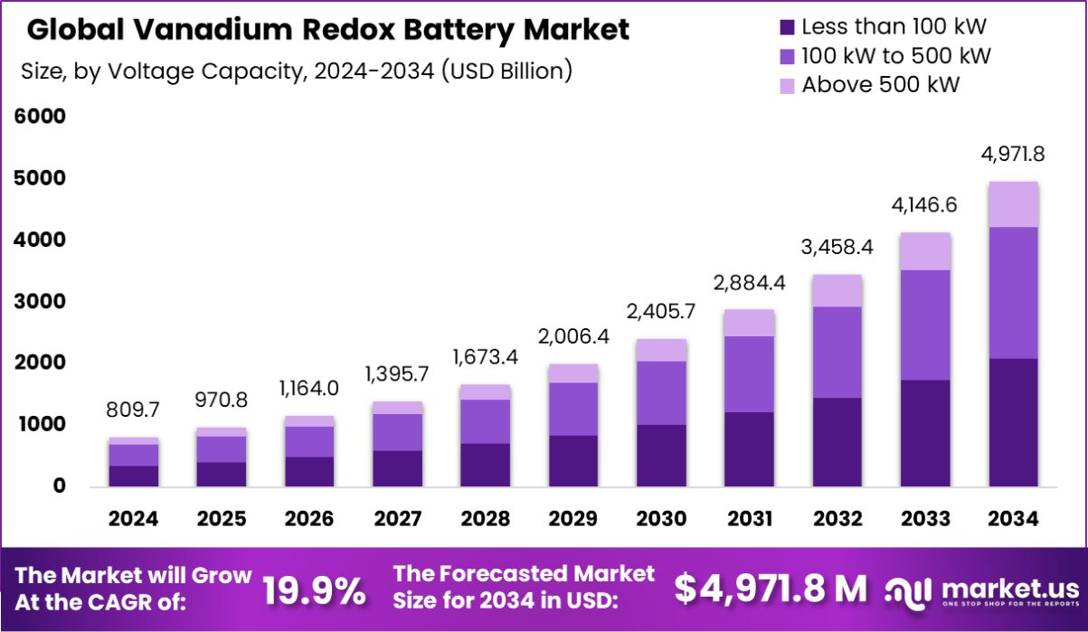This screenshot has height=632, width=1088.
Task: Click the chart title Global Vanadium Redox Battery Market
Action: point(327,30)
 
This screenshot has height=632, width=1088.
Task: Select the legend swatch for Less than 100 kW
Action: point(786,27)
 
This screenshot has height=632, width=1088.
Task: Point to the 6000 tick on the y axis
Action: point(40,117)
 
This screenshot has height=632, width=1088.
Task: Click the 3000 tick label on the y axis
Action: point(40,301)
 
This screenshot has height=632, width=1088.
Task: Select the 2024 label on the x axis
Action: point(134,519)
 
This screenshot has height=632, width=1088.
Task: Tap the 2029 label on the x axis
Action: point(572,519)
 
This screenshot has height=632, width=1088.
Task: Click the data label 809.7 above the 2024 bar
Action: point(134,410)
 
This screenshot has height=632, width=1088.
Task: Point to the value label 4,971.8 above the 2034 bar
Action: point(1012,154)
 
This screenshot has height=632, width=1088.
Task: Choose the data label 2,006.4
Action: point(572,335)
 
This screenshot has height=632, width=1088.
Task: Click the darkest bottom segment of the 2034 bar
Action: point(1012,422)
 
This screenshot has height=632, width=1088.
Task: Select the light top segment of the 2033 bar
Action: point(924,251)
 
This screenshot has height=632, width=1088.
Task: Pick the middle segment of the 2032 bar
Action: point(837,352)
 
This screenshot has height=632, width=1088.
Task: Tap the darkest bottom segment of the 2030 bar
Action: point(661,455)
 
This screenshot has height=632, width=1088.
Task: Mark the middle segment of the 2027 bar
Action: point(397,432)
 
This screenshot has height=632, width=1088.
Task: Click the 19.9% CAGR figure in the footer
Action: point(315,591)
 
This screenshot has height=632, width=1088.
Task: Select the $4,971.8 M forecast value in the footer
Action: point(771,589)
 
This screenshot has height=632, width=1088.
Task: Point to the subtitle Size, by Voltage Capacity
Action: point(297,71)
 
